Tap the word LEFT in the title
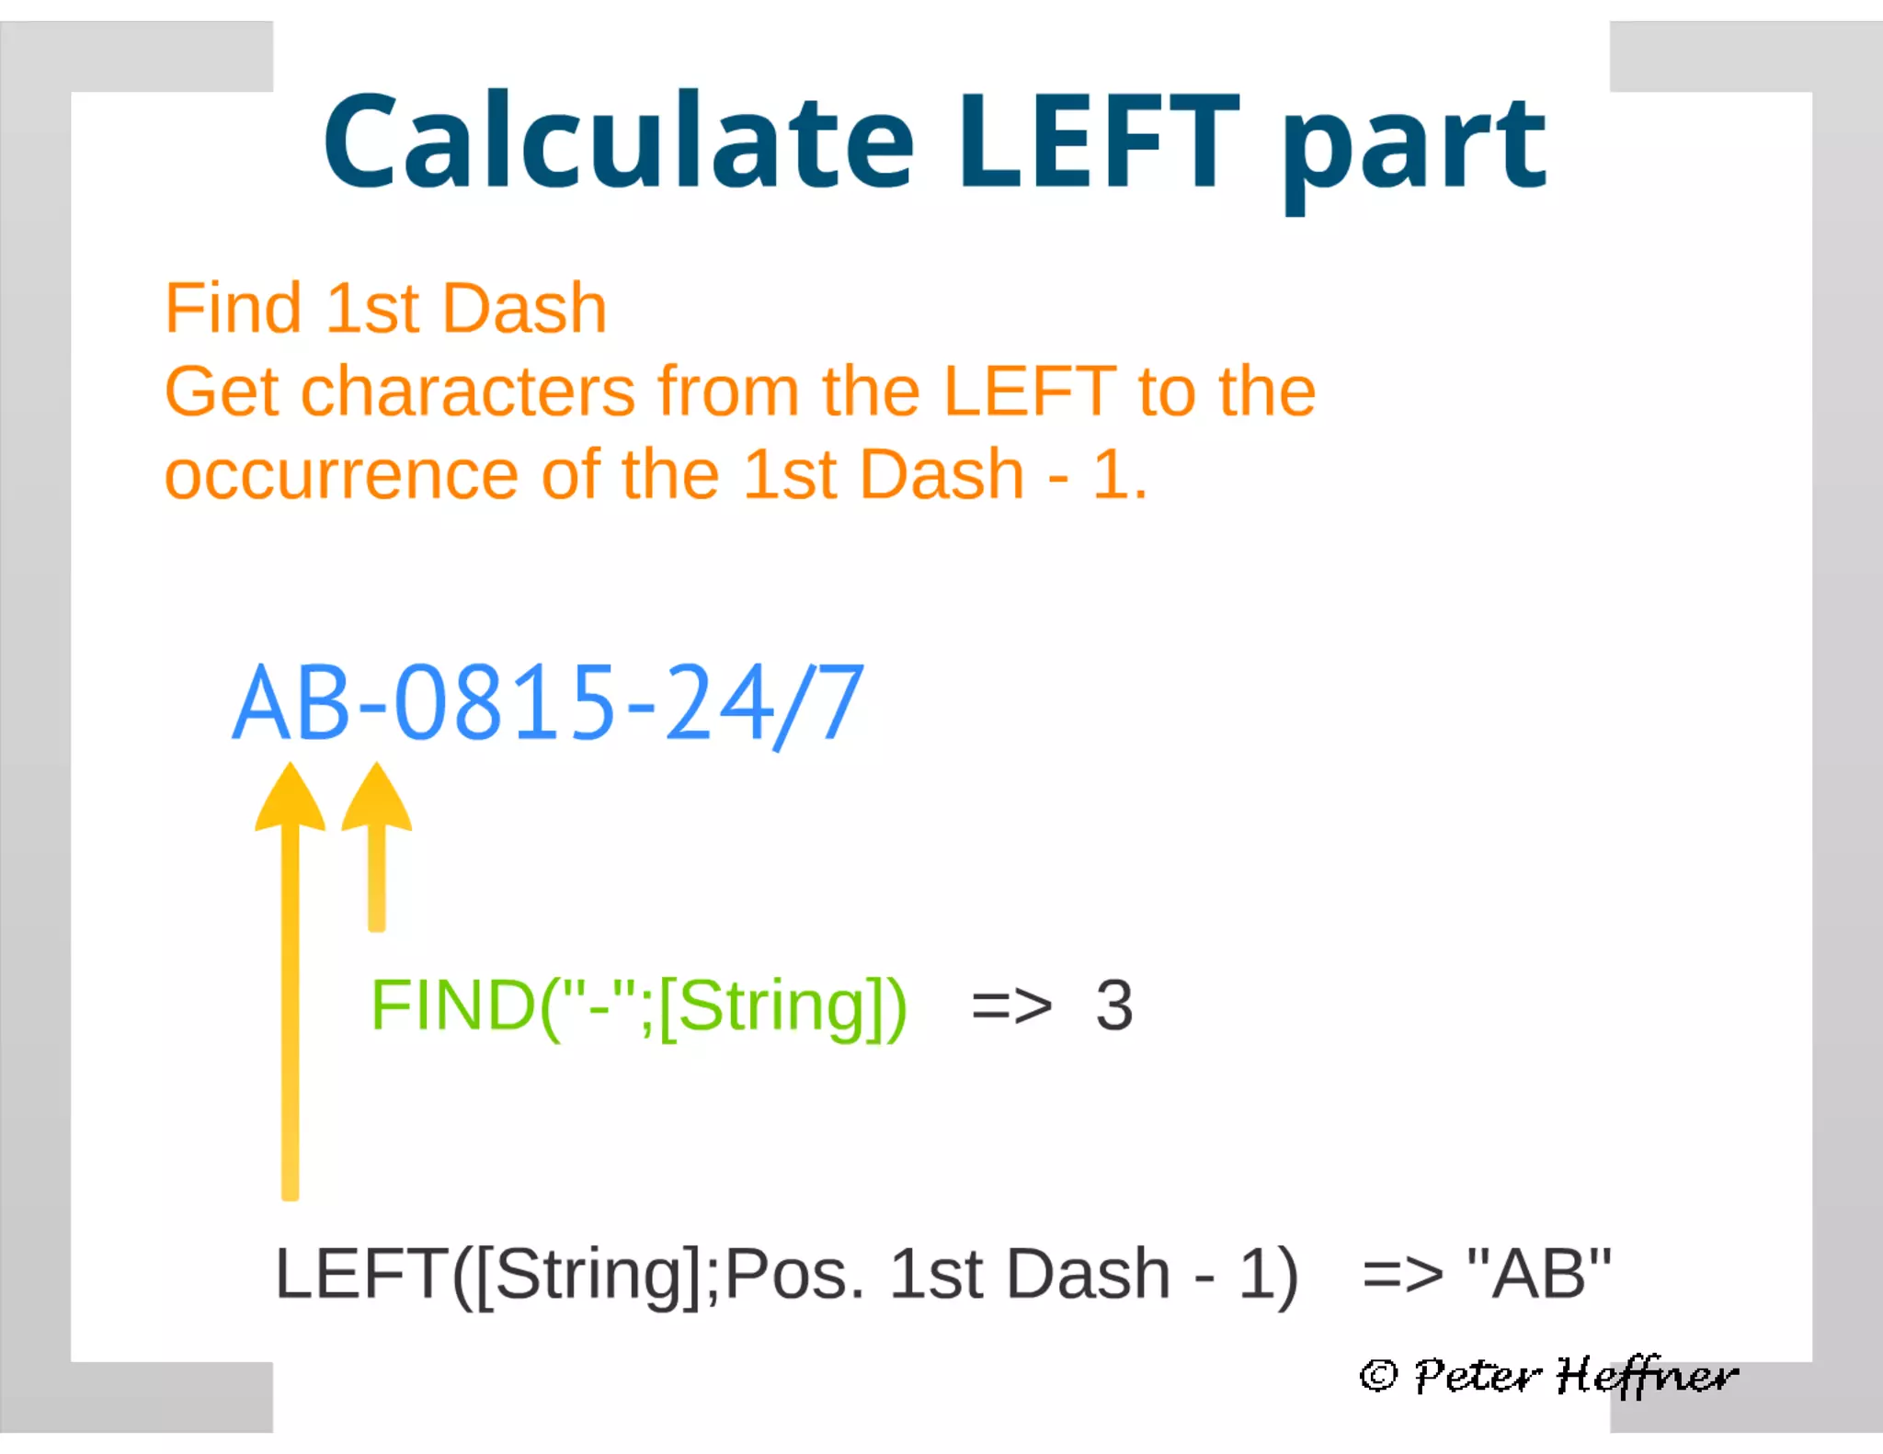coord(1099,142)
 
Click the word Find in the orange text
coord(233,308)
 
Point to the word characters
coord(468,392)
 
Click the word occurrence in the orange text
coord(341,475)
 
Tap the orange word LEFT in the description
coord(1030,392)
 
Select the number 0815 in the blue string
coord(505,703)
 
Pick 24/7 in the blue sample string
coord(763,703)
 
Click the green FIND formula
coord(638,1006)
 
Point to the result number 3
coord(1113,1005)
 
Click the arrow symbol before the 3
coord(1011,1007)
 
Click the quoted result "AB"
coord(1538,1274)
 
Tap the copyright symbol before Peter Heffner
coord(1378,1375)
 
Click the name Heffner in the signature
coord(1646,1376)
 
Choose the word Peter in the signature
coord(1477,1376)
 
